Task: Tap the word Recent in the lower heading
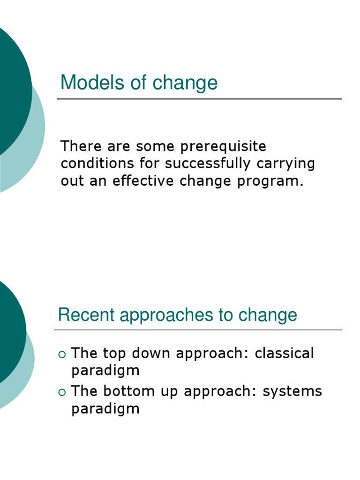(x=86, y=315)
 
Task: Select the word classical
(x=284, y=353)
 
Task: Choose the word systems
(x=292, y=391)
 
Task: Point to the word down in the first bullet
(x=150, y=353)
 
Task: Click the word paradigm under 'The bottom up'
(x=105, y=409)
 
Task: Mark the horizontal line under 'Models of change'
(x=199, y=99)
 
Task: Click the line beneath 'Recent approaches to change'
(x=198, y=330)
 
